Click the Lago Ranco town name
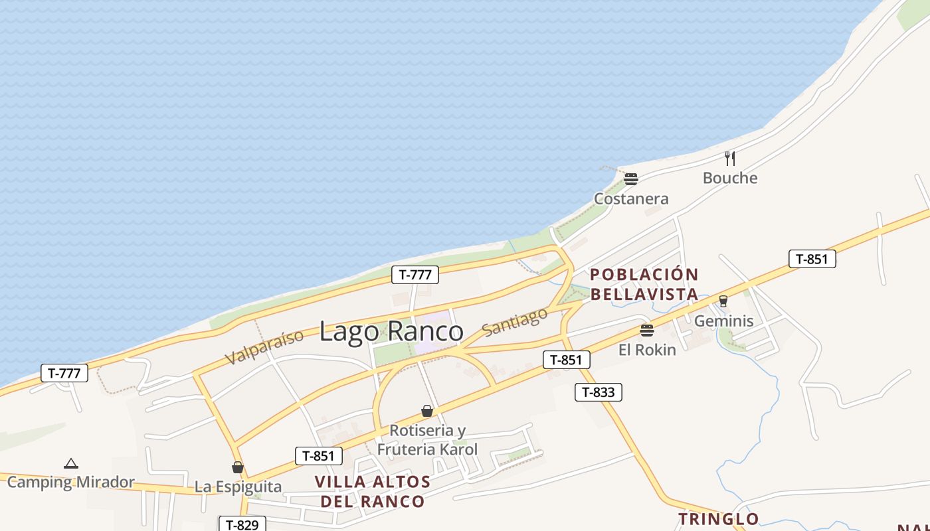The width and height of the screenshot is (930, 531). point(391,331)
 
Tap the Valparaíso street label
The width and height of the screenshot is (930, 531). point(264,346)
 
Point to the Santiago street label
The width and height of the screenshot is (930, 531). point(515,321)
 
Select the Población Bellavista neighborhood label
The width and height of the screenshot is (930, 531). point(644,284)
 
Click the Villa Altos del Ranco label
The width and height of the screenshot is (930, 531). point(373,491)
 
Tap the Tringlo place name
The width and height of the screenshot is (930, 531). point(718,518)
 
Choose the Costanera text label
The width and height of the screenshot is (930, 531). point(631,198)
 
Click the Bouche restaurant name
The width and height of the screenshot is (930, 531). point(730,178)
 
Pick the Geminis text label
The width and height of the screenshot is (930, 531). point(723,321)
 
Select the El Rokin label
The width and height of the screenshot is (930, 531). point(647,350)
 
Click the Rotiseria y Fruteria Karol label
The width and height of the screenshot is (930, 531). point(427,439)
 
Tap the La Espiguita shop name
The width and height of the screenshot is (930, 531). point(238,487)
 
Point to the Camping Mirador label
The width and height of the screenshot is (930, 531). point(71,483)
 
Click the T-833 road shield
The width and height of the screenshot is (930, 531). point(598,392)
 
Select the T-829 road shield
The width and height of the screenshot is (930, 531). point(242,524)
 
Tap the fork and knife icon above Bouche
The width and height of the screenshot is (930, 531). point(730,158)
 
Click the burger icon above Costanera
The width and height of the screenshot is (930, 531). point(631,179)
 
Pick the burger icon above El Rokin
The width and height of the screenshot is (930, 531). point(647,330)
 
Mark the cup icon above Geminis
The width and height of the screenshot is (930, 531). point(723,301)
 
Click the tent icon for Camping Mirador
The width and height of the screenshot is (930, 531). point(71,463)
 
